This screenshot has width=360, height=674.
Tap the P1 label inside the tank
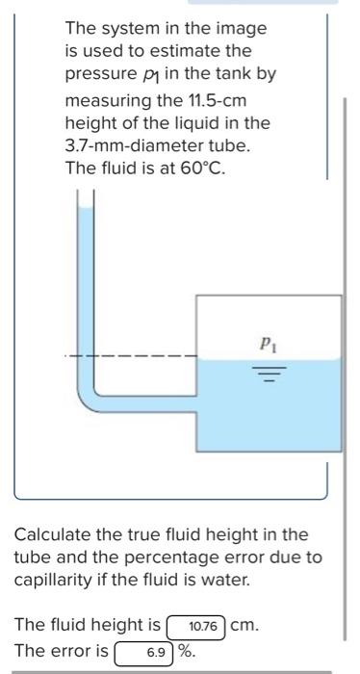(x=267, y=342)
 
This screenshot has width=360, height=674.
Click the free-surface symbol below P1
(x=267, y=369)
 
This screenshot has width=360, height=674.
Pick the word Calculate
(x=51, y=534)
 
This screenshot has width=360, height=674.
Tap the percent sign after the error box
(x=187, y=652)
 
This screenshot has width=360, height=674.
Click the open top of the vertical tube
(x=86, y=195)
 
